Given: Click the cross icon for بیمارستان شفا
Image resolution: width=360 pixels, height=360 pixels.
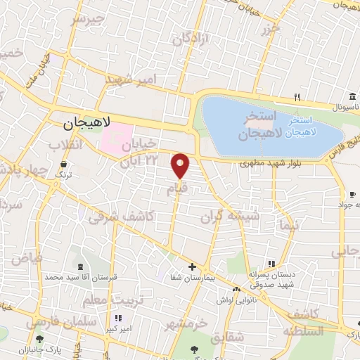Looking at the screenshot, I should coord(192,266).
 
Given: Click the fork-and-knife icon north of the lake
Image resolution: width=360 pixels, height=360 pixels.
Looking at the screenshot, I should coord(297,98).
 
